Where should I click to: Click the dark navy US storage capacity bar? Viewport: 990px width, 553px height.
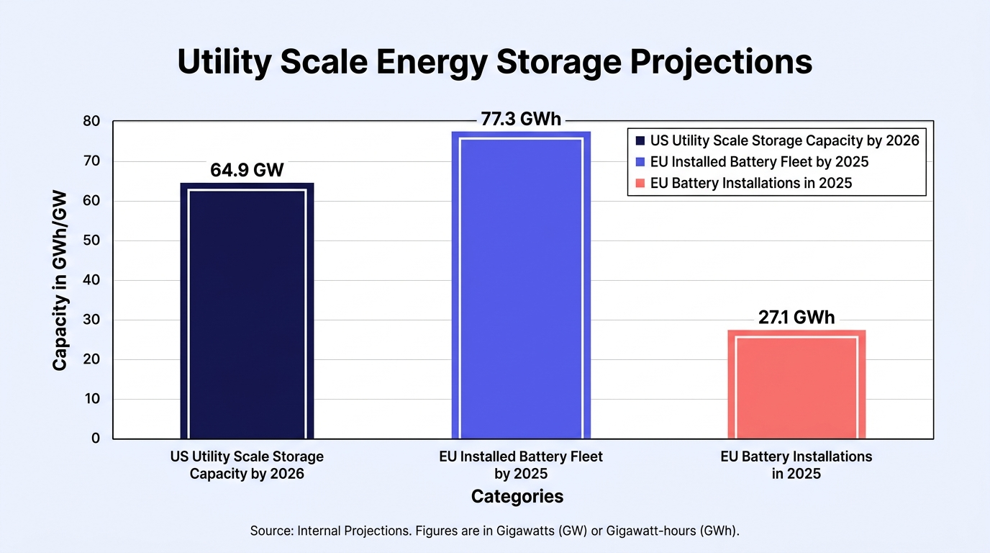click(x=247, y=310)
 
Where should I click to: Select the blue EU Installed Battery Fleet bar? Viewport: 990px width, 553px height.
click(x=521, y=285)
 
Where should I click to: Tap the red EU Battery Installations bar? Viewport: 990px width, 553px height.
click(x=796, y=384)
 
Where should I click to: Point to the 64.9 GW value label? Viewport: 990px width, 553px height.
click(x=247, y=170)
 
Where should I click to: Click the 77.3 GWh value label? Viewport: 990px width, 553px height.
click(x=521, y=119)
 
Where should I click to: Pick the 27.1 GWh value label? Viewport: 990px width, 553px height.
click(x=796, y=318)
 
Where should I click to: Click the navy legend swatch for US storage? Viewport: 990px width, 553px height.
click(x=640, y=140)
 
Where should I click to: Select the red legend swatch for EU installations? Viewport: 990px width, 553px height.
click(x=640, y=183)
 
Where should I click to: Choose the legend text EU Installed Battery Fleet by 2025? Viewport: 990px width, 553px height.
click(x=759, y=162)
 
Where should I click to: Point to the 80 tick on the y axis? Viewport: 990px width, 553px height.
click(x=91, y=121)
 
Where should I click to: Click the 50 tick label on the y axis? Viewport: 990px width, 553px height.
click(x=91, y=240)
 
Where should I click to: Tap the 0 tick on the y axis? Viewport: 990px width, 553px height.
click(x=96, y=439)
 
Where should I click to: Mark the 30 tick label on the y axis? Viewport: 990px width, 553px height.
click(x=91, y=320)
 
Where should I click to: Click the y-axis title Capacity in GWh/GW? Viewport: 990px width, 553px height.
click(x=60, y=281)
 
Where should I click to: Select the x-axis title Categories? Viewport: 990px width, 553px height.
click(x=517, y=496)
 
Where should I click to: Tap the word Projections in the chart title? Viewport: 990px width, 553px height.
click(x=721, y=62)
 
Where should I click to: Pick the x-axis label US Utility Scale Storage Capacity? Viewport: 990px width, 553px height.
click(x=247, y=465)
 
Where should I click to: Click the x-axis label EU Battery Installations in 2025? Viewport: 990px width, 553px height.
click(x=796, y=465)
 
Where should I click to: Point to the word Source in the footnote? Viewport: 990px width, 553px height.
click(x=271, y=531)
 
